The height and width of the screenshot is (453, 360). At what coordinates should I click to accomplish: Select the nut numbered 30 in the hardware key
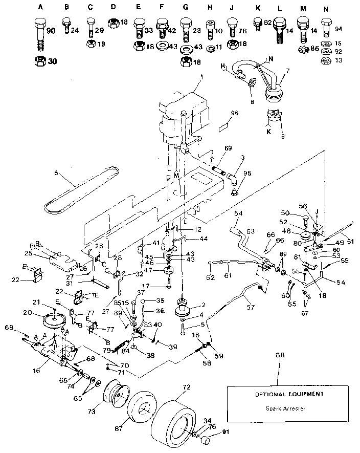39,61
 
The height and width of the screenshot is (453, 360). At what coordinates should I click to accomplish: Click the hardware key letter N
325,8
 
